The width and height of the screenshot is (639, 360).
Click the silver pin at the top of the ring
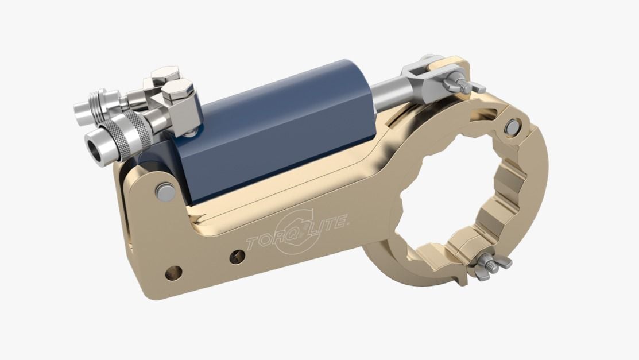[512, 127]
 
